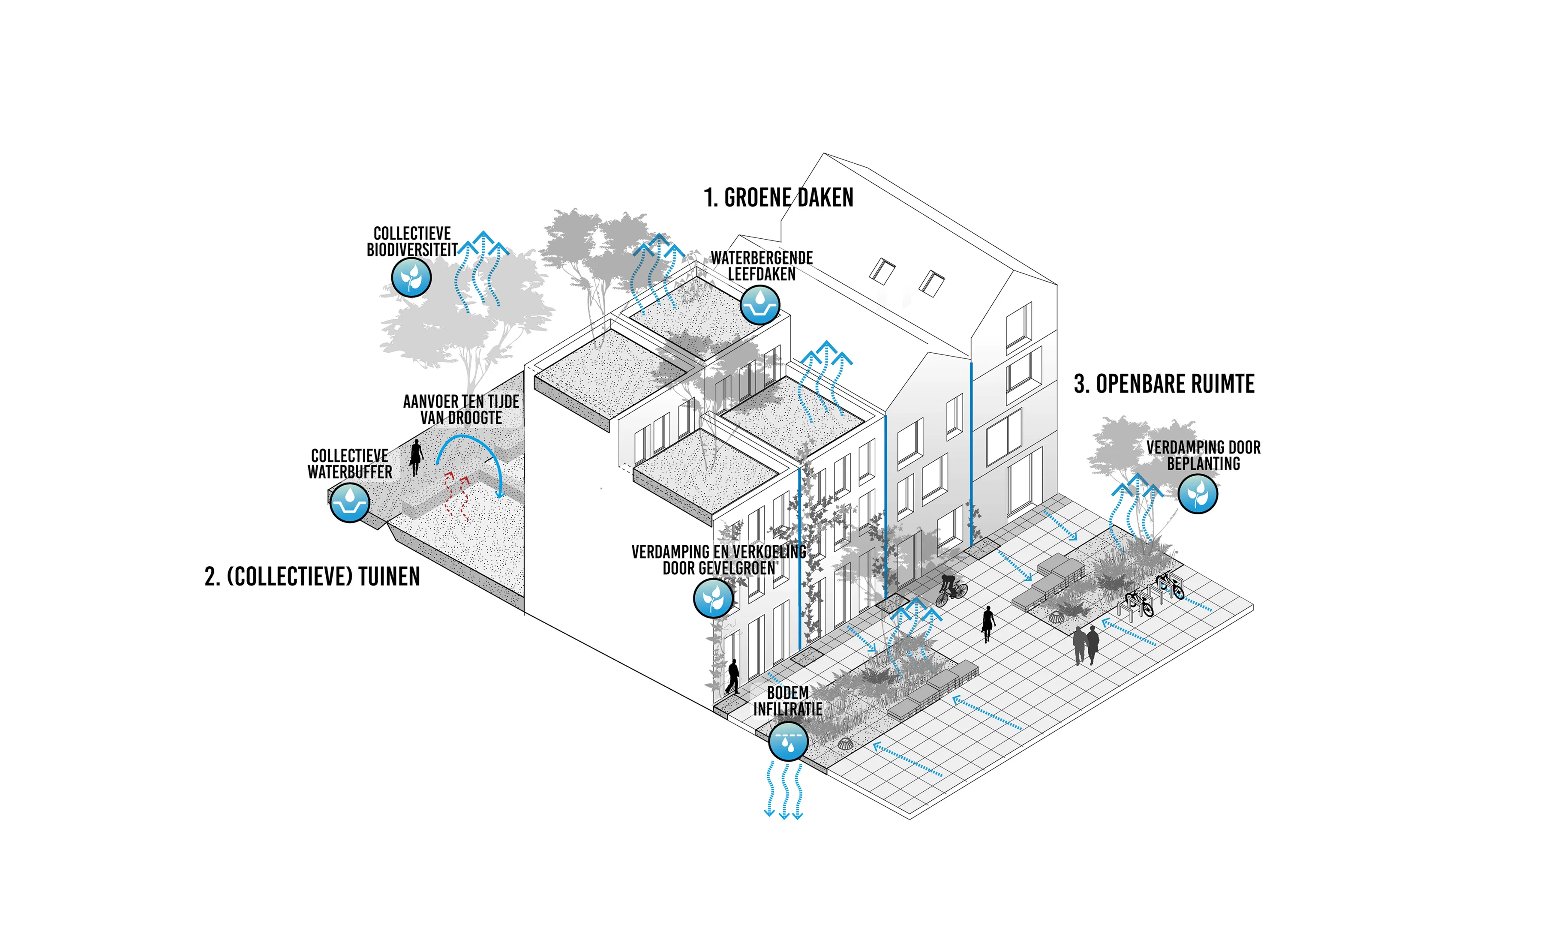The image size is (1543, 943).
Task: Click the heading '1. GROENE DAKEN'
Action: point(778,198)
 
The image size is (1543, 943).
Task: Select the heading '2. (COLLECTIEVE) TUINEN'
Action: point(312,577)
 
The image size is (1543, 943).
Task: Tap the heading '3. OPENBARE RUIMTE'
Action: point(1164,384)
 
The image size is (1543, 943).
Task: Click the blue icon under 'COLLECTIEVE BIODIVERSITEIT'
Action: point(411,277)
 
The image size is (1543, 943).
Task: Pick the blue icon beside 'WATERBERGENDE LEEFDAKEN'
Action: point(759,305)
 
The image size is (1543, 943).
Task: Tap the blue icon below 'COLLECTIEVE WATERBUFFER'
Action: point(349,502)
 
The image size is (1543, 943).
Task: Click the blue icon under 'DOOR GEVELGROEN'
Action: point(713,598)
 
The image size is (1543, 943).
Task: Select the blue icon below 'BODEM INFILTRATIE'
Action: point(788,742)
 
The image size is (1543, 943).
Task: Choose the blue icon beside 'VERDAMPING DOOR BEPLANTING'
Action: point(1198,493)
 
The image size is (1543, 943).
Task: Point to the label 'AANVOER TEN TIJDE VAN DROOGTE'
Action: point(461,409)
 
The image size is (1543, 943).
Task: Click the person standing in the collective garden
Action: point(416,457)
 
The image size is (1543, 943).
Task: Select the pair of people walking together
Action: point(1086,644)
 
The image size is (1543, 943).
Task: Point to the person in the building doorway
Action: point(732,676)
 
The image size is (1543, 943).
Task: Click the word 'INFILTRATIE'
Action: point(787,709)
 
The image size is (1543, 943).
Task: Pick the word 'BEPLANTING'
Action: point(1203,464)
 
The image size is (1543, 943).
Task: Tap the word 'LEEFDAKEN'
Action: point(762,274)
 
